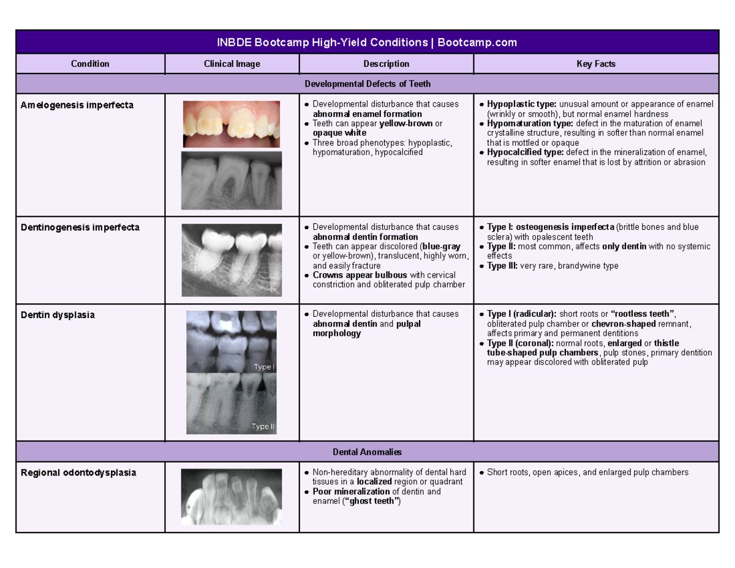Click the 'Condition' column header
pyautogui.click(x=90, y=64)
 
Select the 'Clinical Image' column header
pyautogui.click(x=232, y=64)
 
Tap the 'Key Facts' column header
pyautogui.click(x=595, y=64)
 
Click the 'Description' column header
pyautogui.click(x=386, y=64)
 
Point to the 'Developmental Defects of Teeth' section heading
pyautogui.click(x=367, y=83)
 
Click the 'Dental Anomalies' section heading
pyautogui.click(x=367, y=452)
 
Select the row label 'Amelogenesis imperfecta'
pyautogui.click(x=77, y=105)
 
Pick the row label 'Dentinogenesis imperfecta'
pyautogui.click(x=80, y=227)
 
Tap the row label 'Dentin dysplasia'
pyautogui.click(x=58, y=315)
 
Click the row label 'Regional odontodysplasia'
pyautogui.click(x=78, y=473)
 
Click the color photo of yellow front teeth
pyautogui.click(x=232, y=124)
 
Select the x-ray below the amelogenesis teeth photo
pyautogui.click(x=232, y=180)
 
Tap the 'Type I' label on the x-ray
pyautogui.click(x=263, y=366)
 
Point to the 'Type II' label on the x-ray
pyautogui.click(x=263, y=427)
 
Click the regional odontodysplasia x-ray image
pyautogui.click(x=232, y=496)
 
